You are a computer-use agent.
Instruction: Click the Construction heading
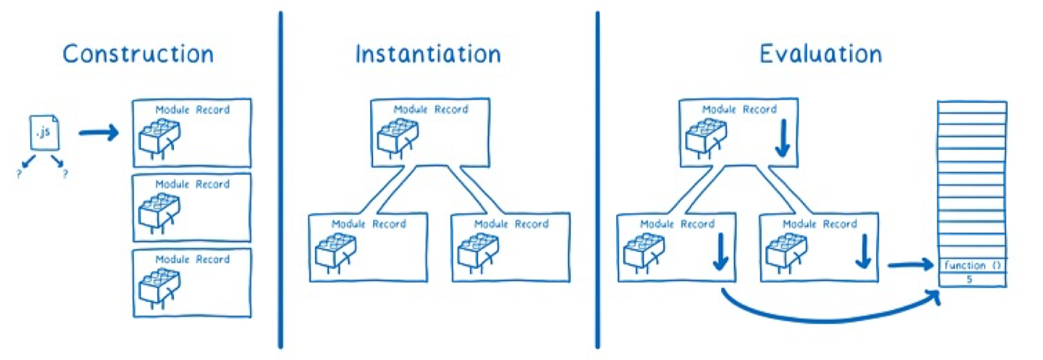[x=138, y=54]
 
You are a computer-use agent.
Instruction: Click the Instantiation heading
[x=428, y=54]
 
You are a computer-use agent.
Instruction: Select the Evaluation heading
[x=820, y=54]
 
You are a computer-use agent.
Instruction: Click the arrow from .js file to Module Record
[x=98, y=134]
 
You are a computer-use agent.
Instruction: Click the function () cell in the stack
[x=972, y=265]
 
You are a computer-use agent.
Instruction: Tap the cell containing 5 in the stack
[x=972, y=280]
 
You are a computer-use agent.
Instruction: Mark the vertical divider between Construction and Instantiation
[x=281, y=180]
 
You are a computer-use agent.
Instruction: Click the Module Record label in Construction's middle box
[x=192, y=184]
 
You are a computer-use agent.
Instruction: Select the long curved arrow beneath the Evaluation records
[x=823, y=317]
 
